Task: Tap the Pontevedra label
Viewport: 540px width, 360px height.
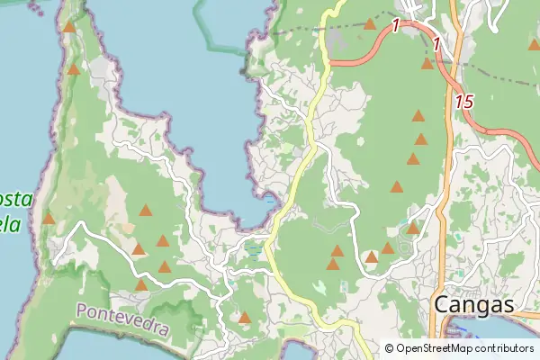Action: pos(122,319)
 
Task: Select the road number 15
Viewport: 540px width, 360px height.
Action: pos(463,102)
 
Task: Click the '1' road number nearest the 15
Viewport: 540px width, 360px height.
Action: pos(436,44)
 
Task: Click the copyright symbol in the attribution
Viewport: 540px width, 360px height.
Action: pos(389,348)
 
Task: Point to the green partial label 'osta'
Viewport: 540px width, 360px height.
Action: pos(16,197)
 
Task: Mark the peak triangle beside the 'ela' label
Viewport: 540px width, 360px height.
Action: pos(49,219)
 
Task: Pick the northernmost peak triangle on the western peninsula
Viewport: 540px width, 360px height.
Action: pos(69,27)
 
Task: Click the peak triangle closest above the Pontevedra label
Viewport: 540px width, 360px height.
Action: pos(141,285)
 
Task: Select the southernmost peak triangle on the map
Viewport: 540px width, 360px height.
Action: pos(244,317)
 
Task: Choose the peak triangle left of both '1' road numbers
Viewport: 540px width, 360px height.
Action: pos(370,24)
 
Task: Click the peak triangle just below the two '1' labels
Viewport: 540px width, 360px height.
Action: pos(427,63)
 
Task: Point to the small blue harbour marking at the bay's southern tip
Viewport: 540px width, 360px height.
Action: pos(271,202)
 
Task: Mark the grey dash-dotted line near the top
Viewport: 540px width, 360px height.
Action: pos(297,31)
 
